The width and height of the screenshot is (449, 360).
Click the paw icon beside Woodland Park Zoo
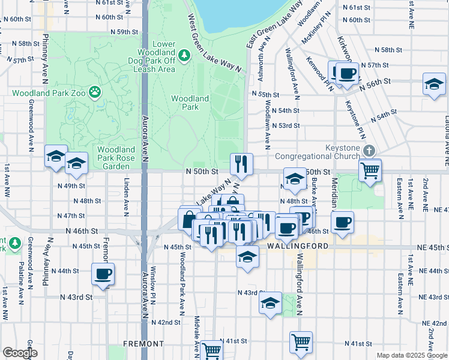tap(95, 92)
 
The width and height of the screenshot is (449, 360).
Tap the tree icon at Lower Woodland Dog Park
tap(185, 55)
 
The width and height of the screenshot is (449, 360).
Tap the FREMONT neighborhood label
tap(127, 344)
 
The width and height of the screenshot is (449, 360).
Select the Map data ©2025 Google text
tap(411, 355)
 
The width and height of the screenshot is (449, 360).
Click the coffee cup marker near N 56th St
tap(346, 74)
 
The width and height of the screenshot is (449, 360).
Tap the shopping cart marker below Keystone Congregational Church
tap(370, 169)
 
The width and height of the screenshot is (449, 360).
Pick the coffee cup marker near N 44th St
tap(103, 274)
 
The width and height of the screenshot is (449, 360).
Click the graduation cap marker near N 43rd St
tap(271, 303)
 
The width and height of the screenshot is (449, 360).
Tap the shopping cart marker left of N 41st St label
tap(211, 350)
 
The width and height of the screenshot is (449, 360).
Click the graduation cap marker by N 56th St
tap(434, 85)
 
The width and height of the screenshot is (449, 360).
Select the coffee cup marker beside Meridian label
tap(343, 223)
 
